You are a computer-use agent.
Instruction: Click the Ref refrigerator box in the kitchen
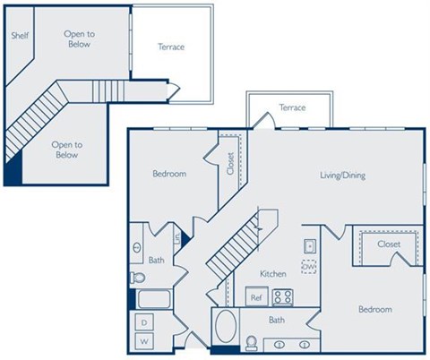(x=255, y=297)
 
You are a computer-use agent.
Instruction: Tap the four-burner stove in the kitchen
(x=283, y=296)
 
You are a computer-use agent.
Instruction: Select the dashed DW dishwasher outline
(x=308, y=267)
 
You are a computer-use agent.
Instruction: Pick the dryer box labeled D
(x=142, y=322)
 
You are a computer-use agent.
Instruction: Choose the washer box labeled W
(x=142, y=341)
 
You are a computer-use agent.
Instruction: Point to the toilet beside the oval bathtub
(x=253, y=343)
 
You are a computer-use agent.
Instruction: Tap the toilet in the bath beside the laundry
(x=137, y=277)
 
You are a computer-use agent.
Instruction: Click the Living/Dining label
(x=342, y=176)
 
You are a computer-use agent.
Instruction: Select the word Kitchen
(x=272, y=272)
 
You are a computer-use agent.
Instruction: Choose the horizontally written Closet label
(x=388, y=244)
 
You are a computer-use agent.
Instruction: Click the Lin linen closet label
(x=178, y=238)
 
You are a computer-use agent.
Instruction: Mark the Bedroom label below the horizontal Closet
(x=374, y=310)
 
